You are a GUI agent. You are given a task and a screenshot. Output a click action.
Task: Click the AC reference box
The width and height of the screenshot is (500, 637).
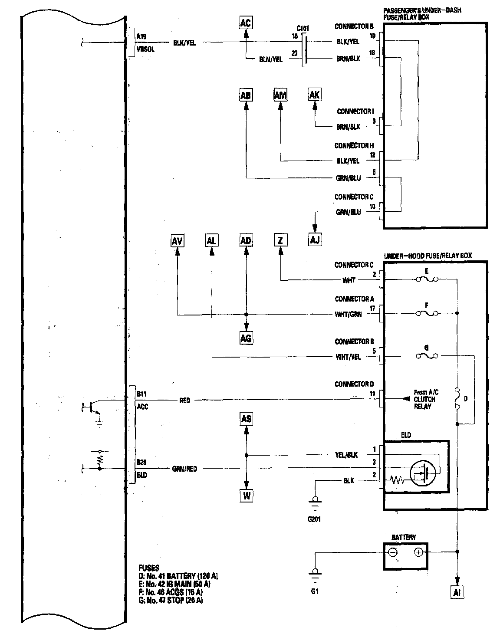click(x=245, y=23)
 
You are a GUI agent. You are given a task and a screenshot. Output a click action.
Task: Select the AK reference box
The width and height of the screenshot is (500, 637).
click(x=314, y=95)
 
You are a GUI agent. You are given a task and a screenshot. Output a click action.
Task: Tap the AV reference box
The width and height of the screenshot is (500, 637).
click(x=177, y=240)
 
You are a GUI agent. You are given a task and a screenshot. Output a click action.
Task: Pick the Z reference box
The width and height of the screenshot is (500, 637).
click(x=280, y=240)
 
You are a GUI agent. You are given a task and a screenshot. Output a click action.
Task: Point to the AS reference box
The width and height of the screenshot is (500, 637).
click(x=246, y=419)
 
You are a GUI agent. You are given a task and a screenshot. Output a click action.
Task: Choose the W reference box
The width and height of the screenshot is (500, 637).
click(x=246, y=495)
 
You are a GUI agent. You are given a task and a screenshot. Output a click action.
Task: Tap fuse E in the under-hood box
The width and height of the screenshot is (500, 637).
click(x=427, y=279)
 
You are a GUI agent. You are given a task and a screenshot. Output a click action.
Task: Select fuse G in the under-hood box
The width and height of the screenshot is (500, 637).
click(x=427, y=356)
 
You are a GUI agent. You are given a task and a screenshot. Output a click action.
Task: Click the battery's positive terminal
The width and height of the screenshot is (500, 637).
click(x=418, y=552)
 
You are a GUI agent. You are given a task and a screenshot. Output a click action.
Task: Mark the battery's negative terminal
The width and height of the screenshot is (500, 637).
click(x=392, y=552)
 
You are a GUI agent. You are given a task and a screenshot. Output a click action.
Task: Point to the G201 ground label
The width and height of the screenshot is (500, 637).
click(x=313, y=519)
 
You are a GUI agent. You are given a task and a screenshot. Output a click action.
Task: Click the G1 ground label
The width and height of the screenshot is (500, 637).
click(x=315, y=591)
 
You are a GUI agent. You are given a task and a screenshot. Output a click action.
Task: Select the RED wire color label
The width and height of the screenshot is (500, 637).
click(x=185, y=401)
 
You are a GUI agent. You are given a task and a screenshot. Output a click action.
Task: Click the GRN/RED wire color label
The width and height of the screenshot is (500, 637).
click(x=184, y=469)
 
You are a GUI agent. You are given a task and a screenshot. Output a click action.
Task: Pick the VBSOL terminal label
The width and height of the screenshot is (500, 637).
click(x=145, y=49)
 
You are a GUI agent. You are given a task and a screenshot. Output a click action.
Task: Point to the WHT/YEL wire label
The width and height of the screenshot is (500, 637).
click(x=348, y=358)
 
